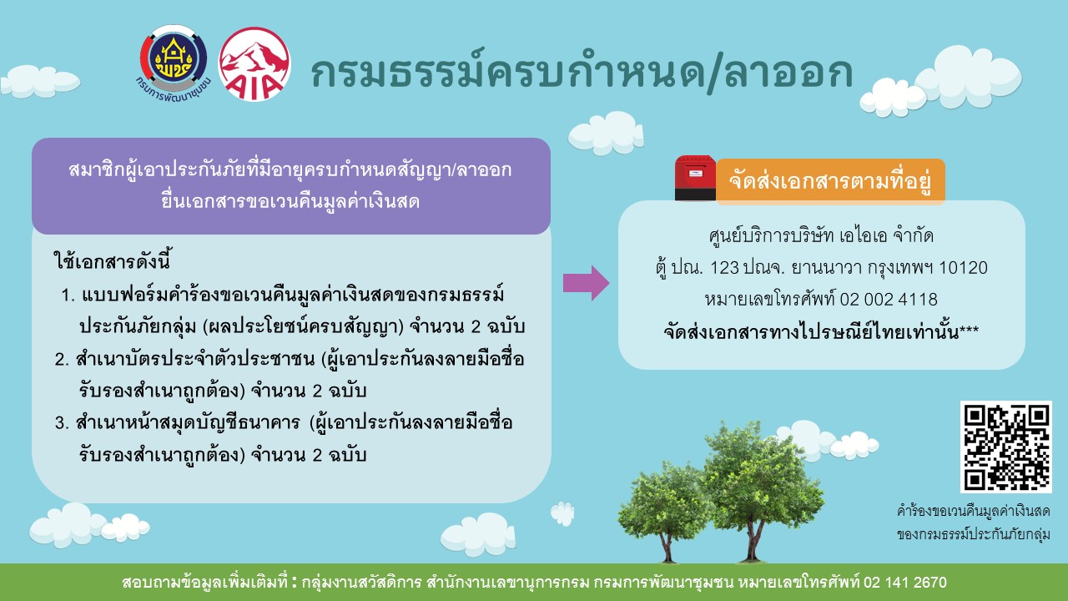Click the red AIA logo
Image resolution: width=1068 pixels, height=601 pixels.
pyautogui.click(x=254, y=64)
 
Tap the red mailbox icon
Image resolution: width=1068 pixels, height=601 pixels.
pyautogui.click(x=695, y=178)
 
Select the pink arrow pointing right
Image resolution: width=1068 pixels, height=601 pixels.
pyautogui.click(x=586, y=283)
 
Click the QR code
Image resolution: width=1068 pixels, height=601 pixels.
pyautogui.click(x=1006, y=447)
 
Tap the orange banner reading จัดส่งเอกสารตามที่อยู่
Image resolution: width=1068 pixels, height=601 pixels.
pyautogui.click(x=830, y=181)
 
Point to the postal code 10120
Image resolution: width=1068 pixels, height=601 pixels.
pyautogui.click(x=963, y=268)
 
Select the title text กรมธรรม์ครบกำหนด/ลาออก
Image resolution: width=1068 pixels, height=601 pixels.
pyautogui.click(x=582, y=73)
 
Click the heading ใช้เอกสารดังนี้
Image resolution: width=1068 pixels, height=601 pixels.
pyautogui.click(x=112, y=261)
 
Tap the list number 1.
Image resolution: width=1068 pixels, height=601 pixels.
pyautogui.click(x=68, y=295)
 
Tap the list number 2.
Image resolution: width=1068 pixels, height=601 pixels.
pyautogui.click(x=62, y=359)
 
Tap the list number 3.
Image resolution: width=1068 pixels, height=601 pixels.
pyautogui.click(x=62, y=422)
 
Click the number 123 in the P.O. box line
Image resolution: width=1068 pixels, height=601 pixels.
pyautogui.click(x=724, y=268)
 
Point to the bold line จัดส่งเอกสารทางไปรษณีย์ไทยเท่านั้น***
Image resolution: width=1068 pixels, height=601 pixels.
pyautogui.click(x=821, y=331)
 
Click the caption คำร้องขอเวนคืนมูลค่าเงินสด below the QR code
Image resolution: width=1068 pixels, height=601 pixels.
pyautogui.click(x=973, y=512)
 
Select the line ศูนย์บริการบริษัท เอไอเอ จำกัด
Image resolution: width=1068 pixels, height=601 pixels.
pyautogui.click(x=821, y=235)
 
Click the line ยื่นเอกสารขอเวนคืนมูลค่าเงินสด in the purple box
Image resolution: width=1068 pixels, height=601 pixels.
pyautogui.click(x=290, y=201)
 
